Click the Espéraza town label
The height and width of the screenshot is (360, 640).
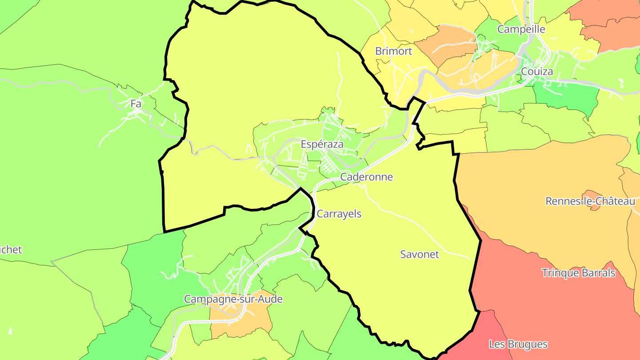pos(322,144)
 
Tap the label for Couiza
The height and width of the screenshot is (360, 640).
pos(537,72)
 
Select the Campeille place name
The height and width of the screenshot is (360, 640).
pos(521,29)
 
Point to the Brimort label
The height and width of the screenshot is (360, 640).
pos(393,51)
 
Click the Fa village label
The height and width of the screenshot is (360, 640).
pos(136,104)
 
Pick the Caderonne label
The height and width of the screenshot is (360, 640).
pos(366,177)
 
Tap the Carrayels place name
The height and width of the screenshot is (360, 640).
pos(339,214)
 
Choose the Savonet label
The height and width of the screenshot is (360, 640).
pos(419,255)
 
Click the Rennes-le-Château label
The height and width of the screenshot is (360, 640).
pos(590,201)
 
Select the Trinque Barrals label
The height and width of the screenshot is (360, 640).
pos(578,273)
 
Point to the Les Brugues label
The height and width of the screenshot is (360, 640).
pos(518,344)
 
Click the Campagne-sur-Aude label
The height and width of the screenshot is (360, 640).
pos(233,299)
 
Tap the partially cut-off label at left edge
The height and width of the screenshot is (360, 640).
pos(11,250)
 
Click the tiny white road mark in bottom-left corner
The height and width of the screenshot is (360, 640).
pos(10,331)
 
